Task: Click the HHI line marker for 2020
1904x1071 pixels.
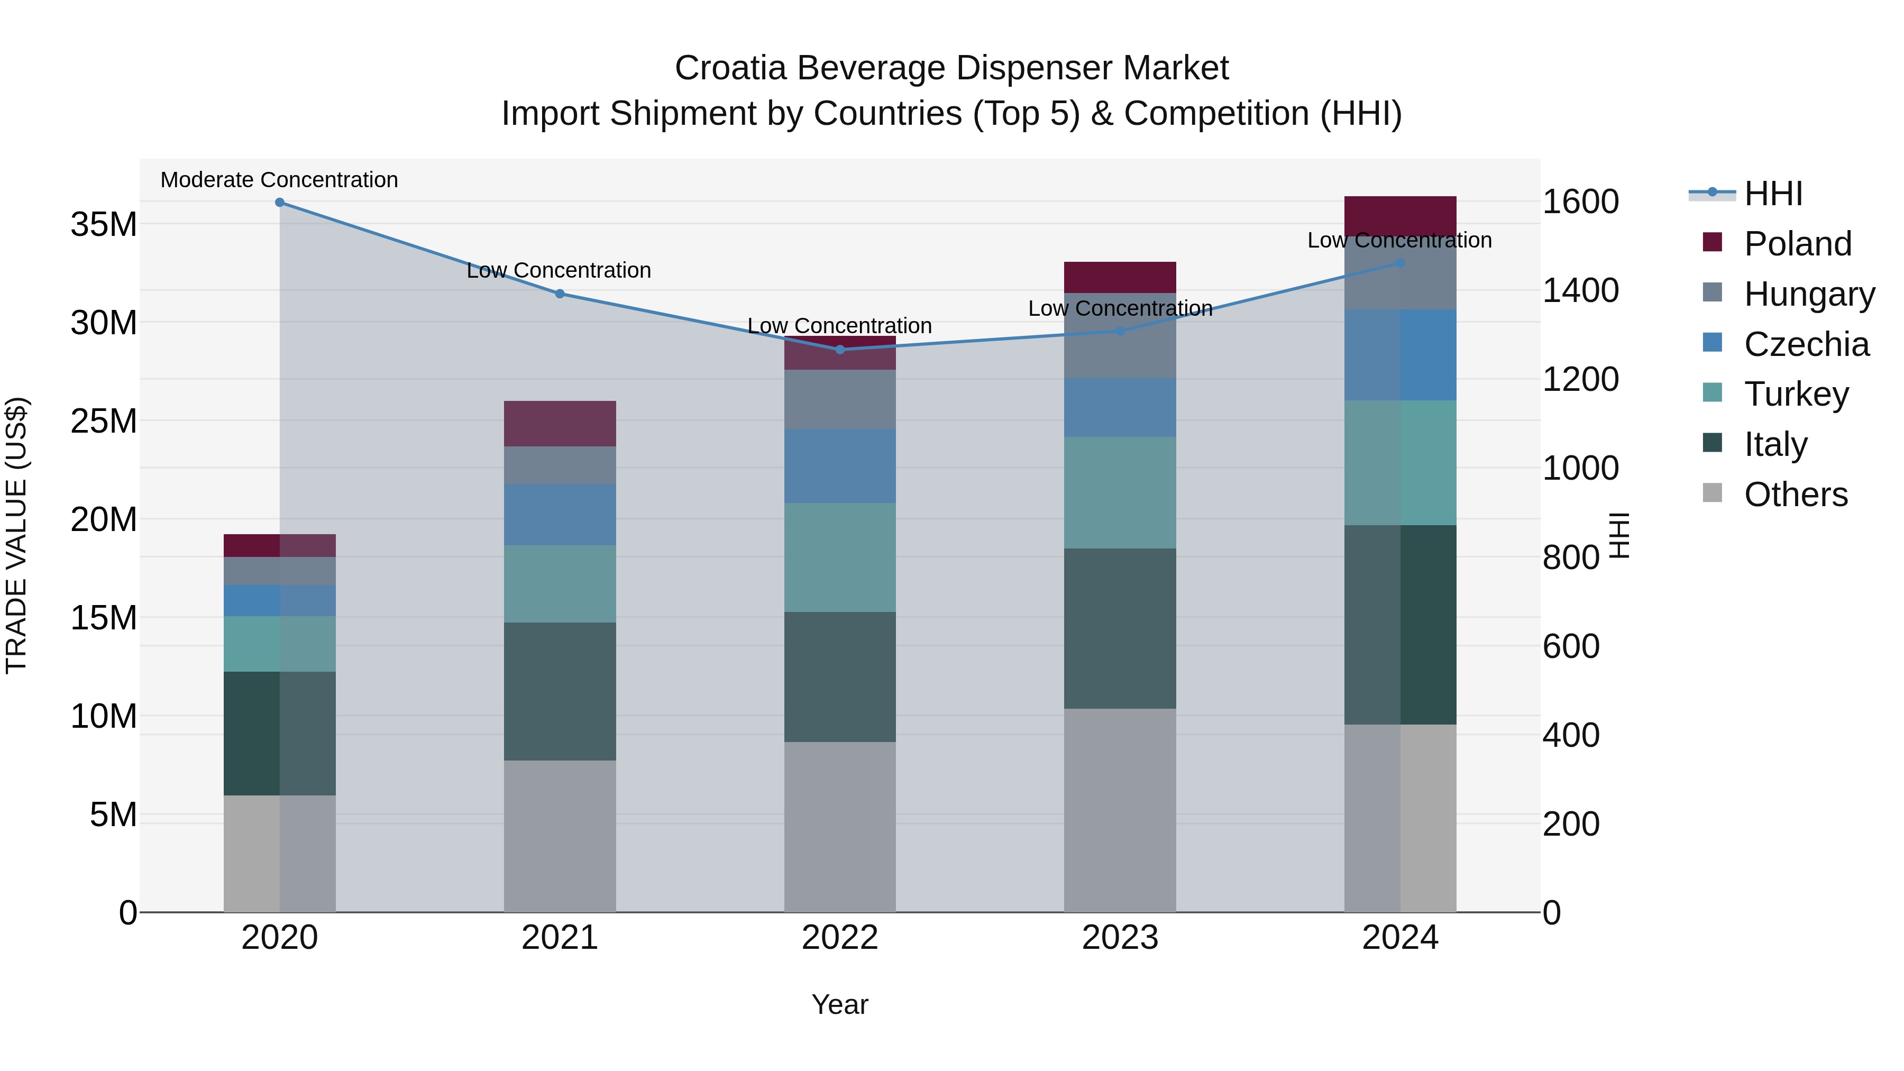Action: [x=279, y=203]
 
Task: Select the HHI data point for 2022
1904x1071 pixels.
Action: [x=840, y=350]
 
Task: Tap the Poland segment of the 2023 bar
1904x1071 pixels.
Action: [x=1120, y=277]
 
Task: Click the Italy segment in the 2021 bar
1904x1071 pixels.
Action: [x=560, y=691]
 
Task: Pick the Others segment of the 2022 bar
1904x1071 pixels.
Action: [x=840, y=826]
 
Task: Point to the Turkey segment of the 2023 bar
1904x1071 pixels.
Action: [x=1120, y=492]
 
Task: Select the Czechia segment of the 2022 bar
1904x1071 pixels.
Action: [x=840, y=465]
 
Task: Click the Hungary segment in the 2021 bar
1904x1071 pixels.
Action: [x=560, y=465]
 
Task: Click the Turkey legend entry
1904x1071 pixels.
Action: [x=1796, y=394]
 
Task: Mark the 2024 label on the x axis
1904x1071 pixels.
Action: [x=1400, y=938]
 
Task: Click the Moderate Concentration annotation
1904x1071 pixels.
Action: [x=279, y=180]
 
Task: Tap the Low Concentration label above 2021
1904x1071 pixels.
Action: [x=559, y=270]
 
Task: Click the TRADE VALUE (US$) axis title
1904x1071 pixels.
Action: [x=17, y=535]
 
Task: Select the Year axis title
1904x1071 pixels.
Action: [x=840, y=1004]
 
